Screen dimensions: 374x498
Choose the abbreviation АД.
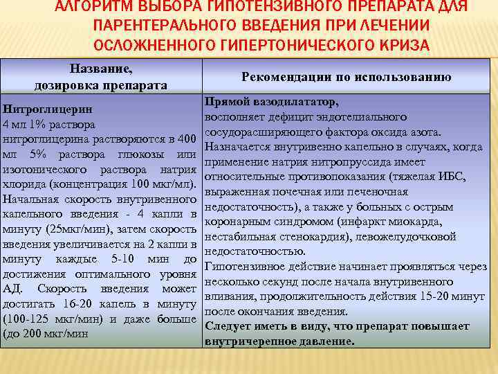click(11, 290)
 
